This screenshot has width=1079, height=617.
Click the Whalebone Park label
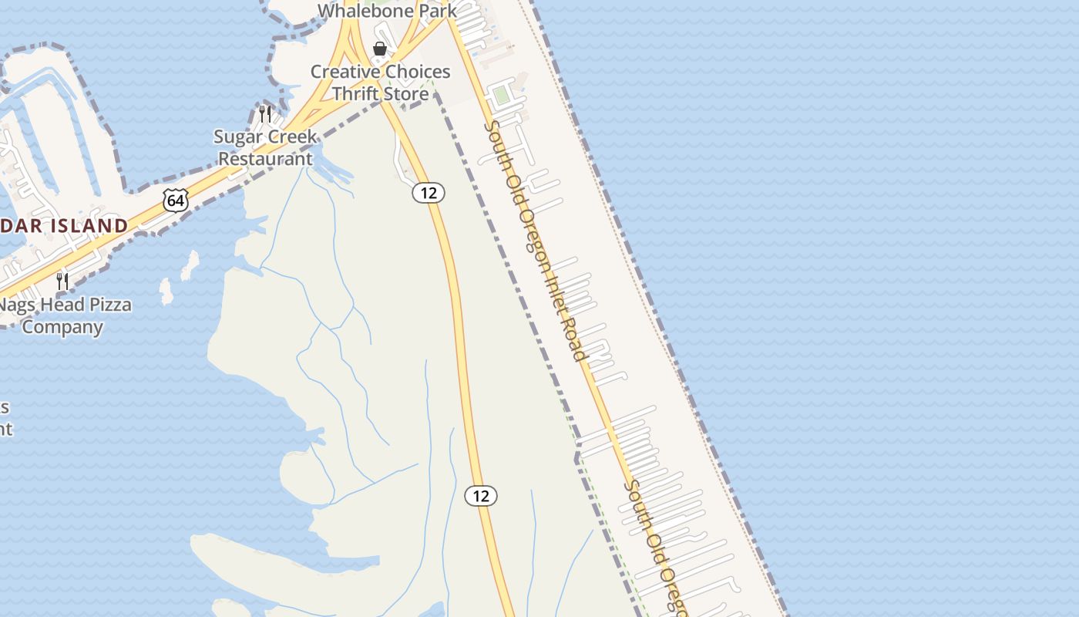(x=387, y=11)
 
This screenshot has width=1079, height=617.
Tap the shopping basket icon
(x=379, y=49)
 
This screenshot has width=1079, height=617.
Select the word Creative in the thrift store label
(x=345, y=72)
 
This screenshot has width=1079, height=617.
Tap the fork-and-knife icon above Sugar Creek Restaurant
(x=265, y=114)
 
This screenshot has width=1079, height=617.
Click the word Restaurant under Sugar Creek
(x=266, y=159)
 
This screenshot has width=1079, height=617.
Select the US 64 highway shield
(x=176, y=201)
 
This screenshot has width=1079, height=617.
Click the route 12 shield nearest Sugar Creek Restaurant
(x=429, y=193)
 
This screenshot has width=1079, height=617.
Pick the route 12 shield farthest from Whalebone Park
(x=481, y=496)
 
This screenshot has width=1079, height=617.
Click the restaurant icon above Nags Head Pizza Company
(x=62, y=282)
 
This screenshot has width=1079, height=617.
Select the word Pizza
(x=109, y=305)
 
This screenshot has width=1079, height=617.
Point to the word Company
(x=62, y=326)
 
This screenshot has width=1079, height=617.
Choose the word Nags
(x=16, y=305)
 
